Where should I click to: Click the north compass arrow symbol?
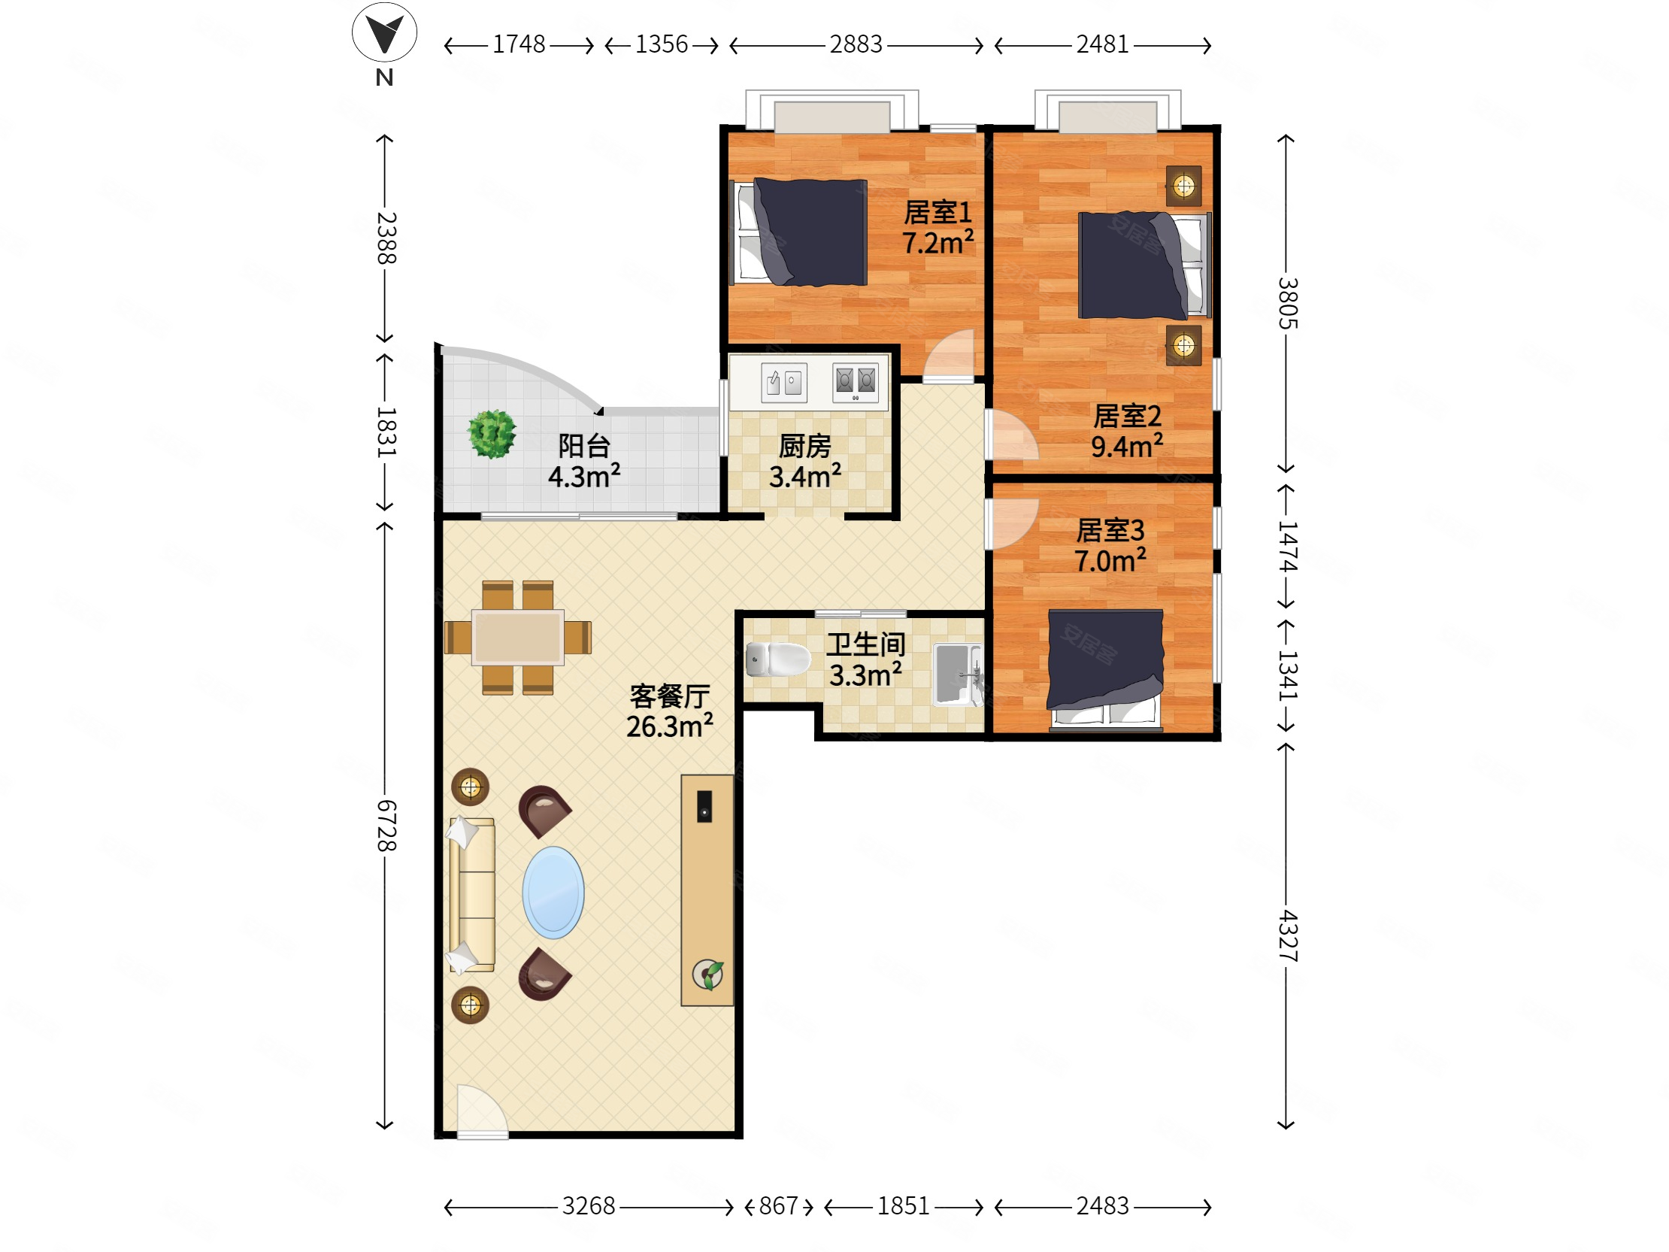click(x=384, y=32)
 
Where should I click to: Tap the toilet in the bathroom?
click(x=777, y=659)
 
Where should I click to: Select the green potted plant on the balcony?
click(x=492, y=434)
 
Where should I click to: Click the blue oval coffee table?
click(x=553, y=892)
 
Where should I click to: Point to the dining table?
click(x=517, y=637)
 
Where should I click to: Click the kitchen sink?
click(x=784, y=383)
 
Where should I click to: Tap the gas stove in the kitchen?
click(x=856, y=382)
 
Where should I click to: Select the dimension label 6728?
click(x=386, y=826)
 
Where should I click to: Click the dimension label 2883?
click(x=856, y=44)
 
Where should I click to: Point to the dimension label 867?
click(x=779, y=1206)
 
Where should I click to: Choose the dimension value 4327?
click(x=1287, y=935)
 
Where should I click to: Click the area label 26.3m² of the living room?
click(x=669, y=726)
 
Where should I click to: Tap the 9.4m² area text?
click(x=1126, y=446)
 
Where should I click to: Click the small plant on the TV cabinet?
click(x=707, y=975)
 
